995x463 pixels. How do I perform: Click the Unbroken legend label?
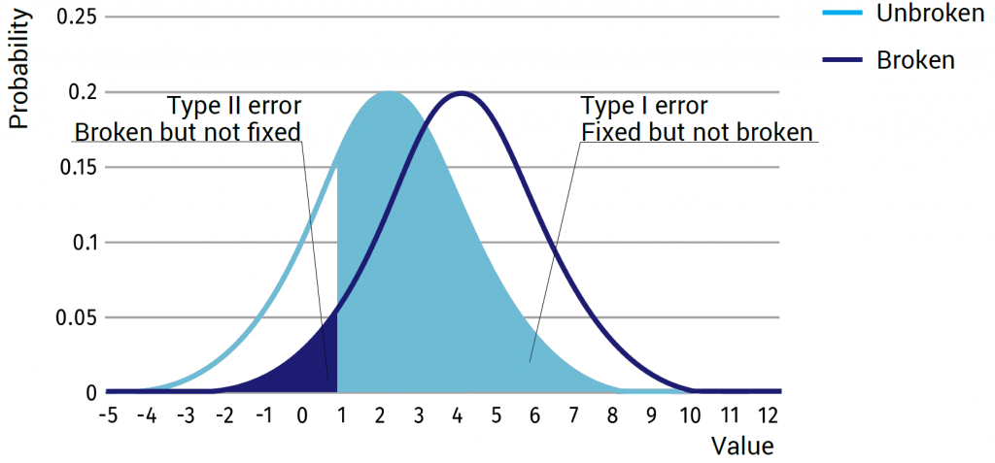pos(930,14)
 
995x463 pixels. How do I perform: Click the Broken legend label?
pos(915,60)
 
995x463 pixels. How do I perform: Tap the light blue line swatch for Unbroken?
pos(842,14)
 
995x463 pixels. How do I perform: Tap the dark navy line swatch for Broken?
pos(842,60)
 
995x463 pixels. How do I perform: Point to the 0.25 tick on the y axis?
pos(78,17)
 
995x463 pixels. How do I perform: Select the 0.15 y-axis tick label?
pos(78,168)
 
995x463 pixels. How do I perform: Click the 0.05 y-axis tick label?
pos(78,317)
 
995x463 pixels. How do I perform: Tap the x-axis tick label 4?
pos(458,418)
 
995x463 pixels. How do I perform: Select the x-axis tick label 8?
pos(613,418)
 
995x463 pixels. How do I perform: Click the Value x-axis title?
pos(743,446)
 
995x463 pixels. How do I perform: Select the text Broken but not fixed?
pos(188,133)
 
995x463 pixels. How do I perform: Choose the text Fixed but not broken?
pos(697,133)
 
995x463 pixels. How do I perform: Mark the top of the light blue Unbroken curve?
pos(389,92)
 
